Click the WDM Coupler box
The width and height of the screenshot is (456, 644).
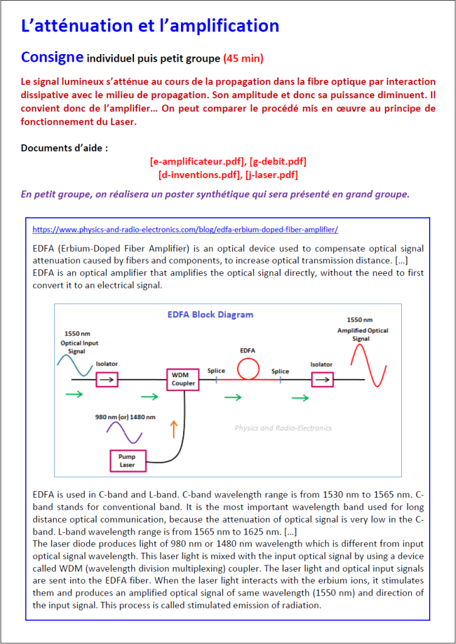coord(184,380)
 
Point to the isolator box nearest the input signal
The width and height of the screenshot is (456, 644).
coord(107,379)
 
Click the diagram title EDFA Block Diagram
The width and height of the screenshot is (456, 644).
coord(210,314)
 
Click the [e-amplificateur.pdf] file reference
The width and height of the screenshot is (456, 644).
coord(197,162)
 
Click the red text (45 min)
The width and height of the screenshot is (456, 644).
coord(243,59)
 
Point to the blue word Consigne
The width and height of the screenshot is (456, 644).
coord(52,57)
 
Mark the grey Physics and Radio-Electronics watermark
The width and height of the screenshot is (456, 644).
coord(283,428)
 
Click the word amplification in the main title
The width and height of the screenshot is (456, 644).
coord(218,26)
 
